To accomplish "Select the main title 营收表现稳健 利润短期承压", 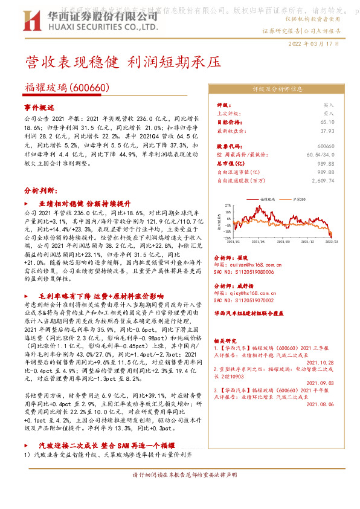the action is tap(118, 62).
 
